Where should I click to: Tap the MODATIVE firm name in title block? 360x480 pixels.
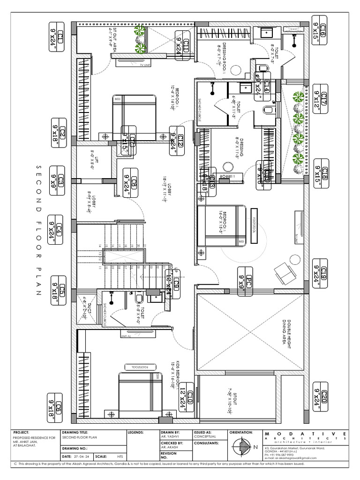tap(305, 434)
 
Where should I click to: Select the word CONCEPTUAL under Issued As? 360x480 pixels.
tap(205, 436)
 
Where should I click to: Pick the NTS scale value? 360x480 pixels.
tap(120, 456)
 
